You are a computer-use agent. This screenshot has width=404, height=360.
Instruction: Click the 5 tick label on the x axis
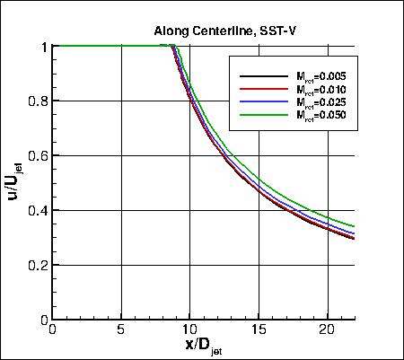tap(121, 330)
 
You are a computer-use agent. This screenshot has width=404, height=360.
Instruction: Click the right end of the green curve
tap(354, 226)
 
